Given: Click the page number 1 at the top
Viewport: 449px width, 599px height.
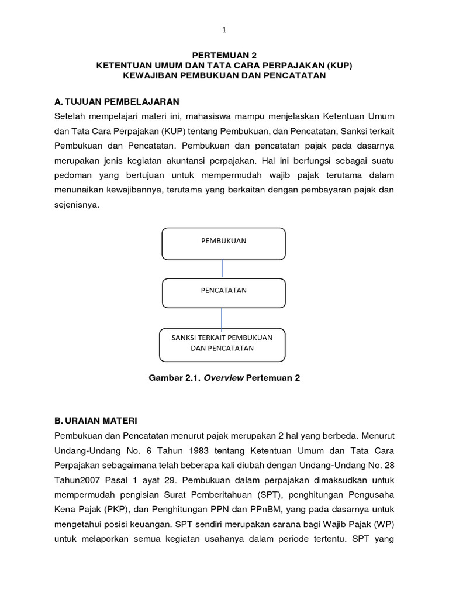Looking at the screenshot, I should [224, 30].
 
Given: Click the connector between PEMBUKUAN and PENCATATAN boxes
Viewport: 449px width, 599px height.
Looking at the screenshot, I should [223, 269].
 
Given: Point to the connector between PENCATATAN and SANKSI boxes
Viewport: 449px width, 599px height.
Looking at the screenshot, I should [221, 318].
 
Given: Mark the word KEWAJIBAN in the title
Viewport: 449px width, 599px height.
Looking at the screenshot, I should [156, 76].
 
